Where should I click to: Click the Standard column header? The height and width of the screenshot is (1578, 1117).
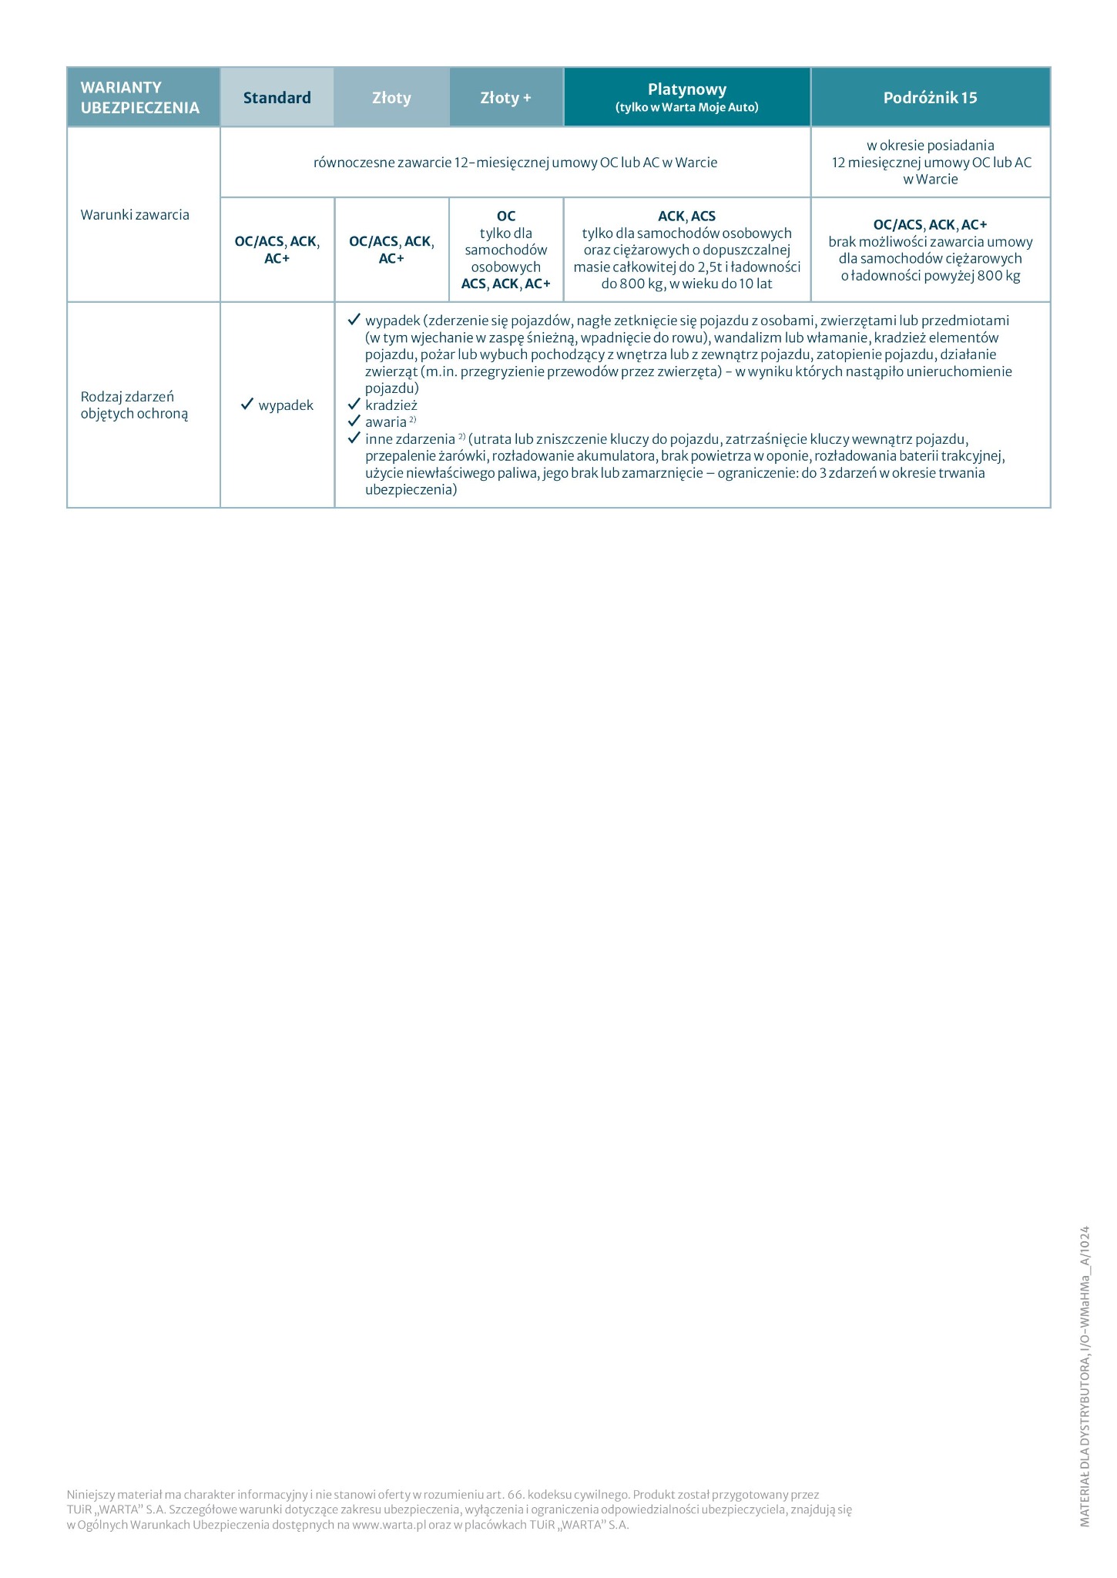277,98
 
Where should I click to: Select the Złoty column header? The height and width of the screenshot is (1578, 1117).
391,98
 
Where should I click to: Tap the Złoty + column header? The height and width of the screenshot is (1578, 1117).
505,98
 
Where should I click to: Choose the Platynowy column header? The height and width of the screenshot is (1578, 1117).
686,89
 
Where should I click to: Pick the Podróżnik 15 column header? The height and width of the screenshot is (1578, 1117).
930,98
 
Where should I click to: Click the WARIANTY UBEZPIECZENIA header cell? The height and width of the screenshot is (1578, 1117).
140,98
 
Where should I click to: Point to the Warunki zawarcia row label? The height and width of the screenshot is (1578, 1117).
135,215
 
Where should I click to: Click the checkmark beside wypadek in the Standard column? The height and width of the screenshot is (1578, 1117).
247,405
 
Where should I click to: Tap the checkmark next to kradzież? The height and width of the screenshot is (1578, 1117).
354,405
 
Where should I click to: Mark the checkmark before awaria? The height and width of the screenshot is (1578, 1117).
354,421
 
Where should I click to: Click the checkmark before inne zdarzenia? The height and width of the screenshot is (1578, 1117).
354,438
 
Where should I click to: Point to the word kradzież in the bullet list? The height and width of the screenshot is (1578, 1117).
391,405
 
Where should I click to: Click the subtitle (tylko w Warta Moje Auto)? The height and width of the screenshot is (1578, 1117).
686,108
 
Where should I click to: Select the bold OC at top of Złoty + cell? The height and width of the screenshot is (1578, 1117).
506,217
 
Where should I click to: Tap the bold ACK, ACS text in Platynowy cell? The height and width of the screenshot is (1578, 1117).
686,217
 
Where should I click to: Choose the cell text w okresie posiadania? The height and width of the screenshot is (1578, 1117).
930,146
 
